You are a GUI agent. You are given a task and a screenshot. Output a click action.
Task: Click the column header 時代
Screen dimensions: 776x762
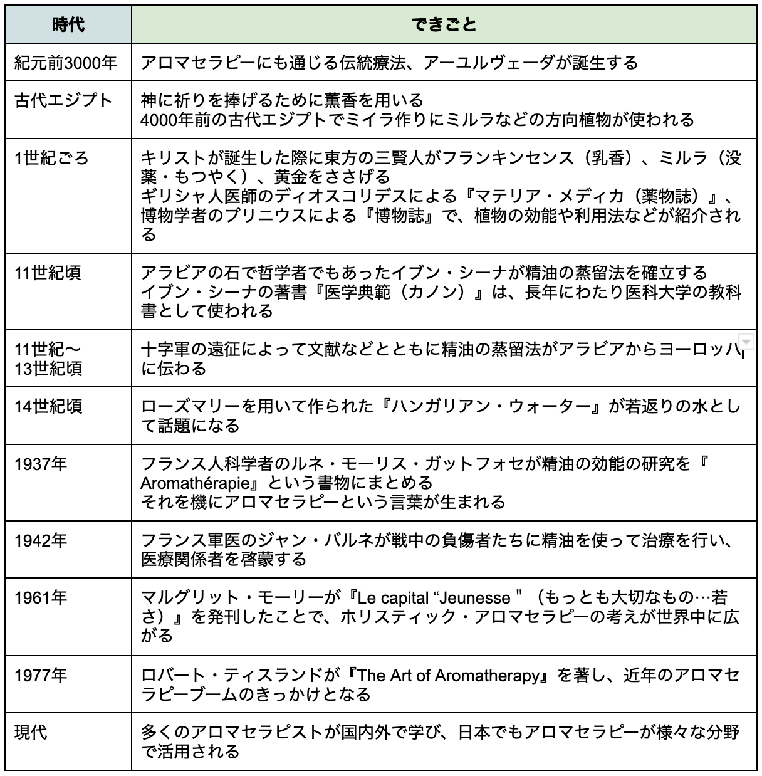[68, 24]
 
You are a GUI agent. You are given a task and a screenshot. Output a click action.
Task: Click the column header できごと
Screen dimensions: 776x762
[444, 24]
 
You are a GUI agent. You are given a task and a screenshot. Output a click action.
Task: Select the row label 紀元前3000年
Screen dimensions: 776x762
[66, 63]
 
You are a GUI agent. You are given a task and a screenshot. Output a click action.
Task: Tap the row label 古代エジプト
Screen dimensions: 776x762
[63, 100]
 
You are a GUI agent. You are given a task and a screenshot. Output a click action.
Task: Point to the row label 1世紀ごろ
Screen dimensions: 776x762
[52, 158]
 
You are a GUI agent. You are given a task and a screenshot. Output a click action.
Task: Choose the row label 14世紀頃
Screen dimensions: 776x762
[48, 406]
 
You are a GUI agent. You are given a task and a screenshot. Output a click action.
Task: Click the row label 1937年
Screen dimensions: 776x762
[41, 464]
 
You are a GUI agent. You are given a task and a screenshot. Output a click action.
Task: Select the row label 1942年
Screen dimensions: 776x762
[41, 540]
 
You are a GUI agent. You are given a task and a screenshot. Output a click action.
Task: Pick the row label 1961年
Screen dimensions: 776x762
[41, 597]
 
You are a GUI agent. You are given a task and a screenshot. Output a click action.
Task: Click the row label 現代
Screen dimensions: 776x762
[31, 731]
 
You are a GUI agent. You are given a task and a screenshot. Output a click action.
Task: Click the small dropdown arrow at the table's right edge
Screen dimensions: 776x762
[746, 341]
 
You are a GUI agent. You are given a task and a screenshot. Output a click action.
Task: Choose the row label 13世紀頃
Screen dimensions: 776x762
[48, 369]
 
